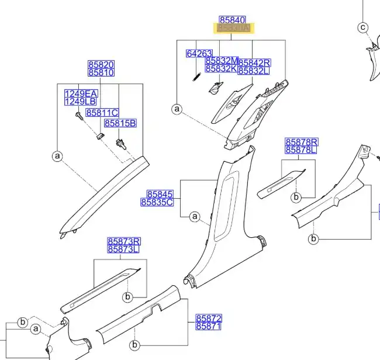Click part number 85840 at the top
(232, 19)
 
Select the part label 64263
(199, 53)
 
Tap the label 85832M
(222, 61)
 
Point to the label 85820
(101, 65)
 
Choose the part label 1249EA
(81, 94)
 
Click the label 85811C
(102, 112)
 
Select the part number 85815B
(120, 123)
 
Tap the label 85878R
(301, 142)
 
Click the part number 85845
(160, 194)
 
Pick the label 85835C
(157, 202)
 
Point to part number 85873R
(124, 241)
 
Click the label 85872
(209, 318)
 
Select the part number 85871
(209, 326)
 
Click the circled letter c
(362, 27)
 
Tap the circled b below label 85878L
(296, 197)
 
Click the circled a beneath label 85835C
(195, 217)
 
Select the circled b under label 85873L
(127, 297)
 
